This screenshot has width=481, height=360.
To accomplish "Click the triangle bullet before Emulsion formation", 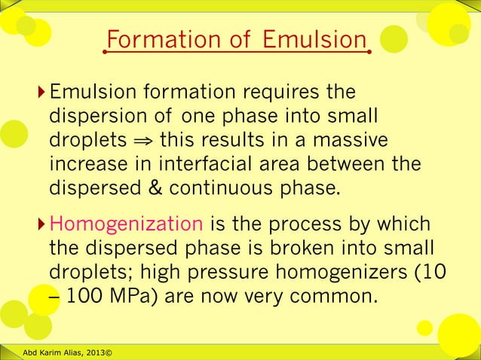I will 41,93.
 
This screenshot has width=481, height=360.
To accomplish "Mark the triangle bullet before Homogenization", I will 41,224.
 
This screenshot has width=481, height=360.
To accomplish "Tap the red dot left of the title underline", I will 106,53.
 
